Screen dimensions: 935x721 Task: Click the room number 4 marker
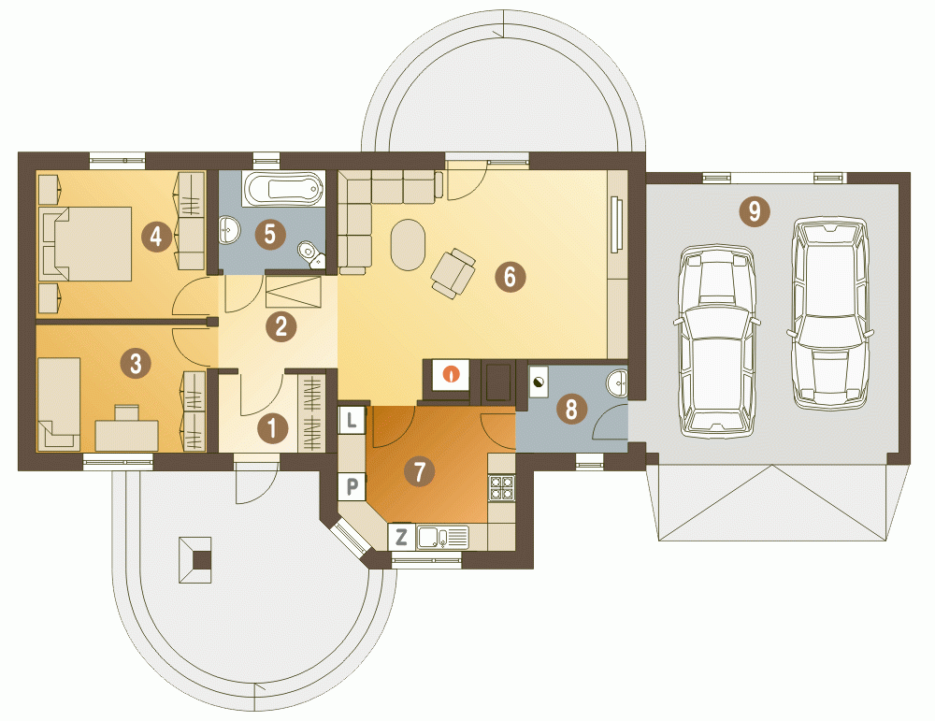(x=156, y=237)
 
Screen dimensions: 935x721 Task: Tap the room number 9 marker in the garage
(x=755, y=211)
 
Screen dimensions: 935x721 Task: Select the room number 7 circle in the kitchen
(x=420, y=471)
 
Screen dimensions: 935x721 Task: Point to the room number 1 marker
(x=273, y=428)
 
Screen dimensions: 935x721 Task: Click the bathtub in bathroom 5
(x=284, y=189)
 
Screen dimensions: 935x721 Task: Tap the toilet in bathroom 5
(x=310, y=254)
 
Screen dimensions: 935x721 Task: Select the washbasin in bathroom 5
(x=229, y=229)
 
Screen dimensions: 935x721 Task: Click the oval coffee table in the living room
(x=408, y=244)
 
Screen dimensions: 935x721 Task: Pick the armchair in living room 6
(x=453, y=273)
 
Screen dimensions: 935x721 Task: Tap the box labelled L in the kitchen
(x=352, y=419)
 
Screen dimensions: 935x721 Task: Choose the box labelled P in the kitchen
(x=352, y=486)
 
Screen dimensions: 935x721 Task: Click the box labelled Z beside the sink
(x=401, y=537)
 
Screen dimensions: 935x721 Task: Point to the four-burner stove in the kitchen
(x=501, y=487)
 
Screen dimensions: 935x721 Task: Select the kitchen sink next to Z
(x=442, y=538)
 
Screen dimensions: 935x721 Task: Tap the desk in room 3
(x=126, y=436)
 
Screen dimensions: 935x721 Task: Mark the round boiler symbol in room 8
(x=539, y=382)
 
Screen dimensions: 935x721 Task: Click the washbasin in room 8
(x=618, y=382)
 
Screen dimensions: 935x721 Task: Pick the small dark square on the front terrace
(x=202, y=560)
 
